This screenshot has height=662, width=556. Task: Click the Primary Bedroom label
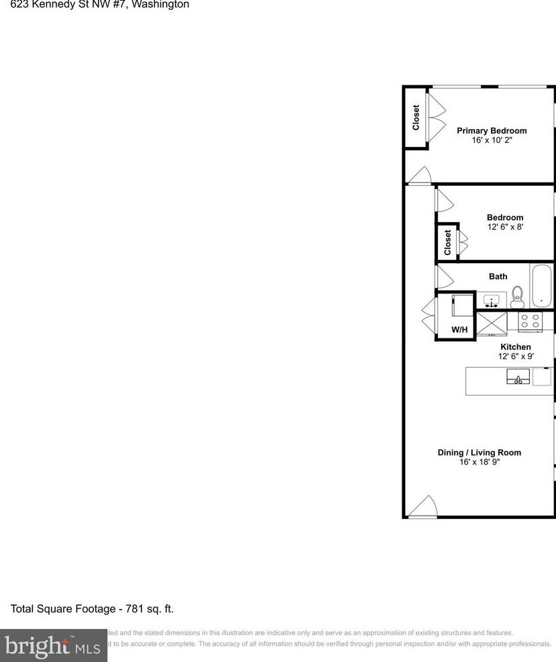pos(492,131)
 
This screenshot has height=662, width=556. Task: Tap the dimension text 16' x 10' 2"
pos(492,140)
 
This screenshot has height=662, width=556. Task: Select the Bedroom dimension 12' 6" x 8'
pos(505,227)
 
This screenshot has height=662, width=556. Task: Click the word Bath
pos(498,277)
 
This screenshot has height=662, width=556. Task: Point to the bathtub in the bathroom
pos(541,286)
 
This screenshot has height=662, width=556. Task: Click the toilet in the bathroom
pos(517,296)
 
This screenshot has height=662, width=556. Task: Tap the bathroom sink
pos(495,299)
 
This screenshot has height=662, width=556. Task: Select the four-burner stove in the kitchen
pos(531,321)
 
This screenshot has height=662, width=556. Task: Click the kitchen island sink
pos(518,377)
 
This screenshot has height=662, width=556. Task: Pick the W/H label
pos(459,330)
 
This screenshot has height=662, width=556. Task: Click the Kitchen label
pos(515,347)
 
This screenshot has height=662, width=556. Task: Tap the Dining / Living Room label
pos(479,453)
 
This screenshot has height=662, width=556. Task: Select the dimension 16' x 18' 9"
pos(479,462)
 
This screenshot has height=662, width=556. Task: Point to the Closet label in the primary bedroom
pos(416,117)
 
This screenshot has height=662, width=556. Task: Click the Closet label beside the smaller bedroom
pos(447,242)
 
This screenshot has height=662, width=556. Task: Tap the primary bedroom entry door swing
pos(421,175)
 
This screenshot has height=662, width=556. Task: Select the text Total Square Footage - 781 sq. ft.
pos(92,609)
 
